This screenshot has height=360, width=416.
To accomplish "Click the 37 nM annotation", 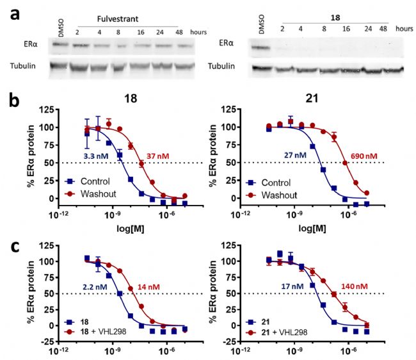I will [160, 157].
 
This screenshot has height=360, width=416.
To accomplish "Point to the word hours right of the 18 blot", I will [404, 28].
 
